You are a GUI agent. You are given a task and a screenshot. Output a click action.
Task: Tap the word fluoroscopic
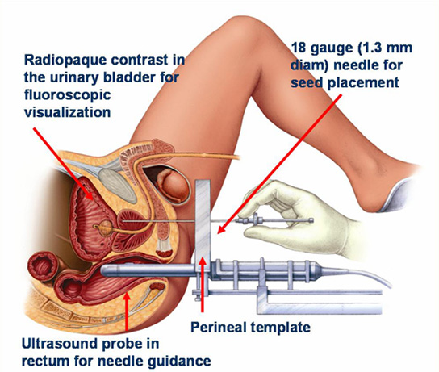coord(68,95)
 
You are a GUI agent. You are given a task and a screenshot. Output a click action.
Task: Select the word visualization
coord(68,112)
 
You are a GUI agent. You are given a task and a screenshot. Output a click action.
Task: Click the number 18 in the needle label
coord(299,48)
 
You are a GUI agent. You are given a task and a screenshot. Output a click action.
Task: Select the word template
coord(280,327)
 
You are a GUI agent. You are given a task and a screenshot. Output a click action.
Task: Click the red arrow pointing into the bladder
coord(64,164)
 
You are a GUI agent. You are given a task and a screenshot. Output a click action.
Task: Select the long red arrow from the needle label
coord(279,164)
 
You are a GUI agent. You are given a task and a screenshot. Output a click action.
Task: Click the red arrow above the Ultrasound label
coord(127,311)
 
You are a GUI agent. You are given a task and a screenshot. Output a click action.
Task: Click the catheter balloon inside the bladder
coord(106,227)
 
